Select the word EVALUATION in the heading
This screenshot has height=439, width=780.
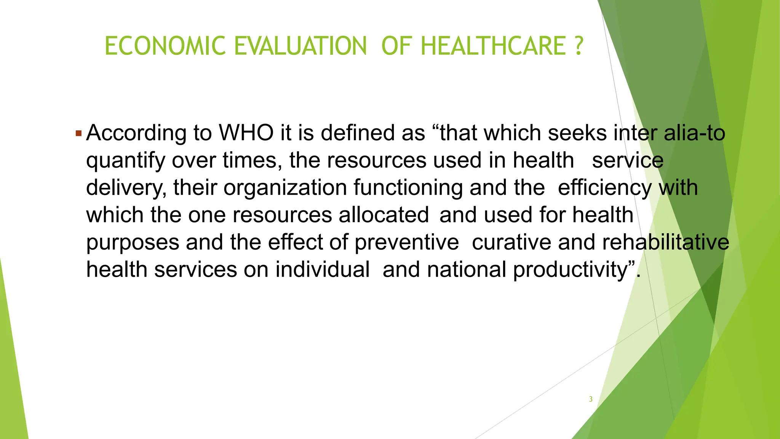pyautogui.click(x=300, y=46)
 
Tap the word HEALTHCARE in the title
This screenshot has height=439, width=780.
pyautogui.click(x=494, y=46)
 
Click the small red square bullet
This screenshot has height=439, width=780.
pyautogui.click(x=78, y=134)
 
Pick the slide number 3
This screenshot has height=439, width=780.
pyautogui.click(x=591, y=399)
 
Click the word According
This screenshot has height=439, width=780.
pyautogui.click(x=136, y=133)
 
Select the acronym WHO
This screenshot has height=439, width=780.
pyautogui.click(x=246, y=133)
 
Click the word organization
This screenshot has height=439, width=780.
pyautogui.click(x=285, y=188)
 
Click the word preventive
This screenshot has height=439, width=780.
pyautogui.click(x=407, y=243)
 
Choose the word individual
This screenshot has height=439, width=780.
pyautogui.click(x=323, y=270)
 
